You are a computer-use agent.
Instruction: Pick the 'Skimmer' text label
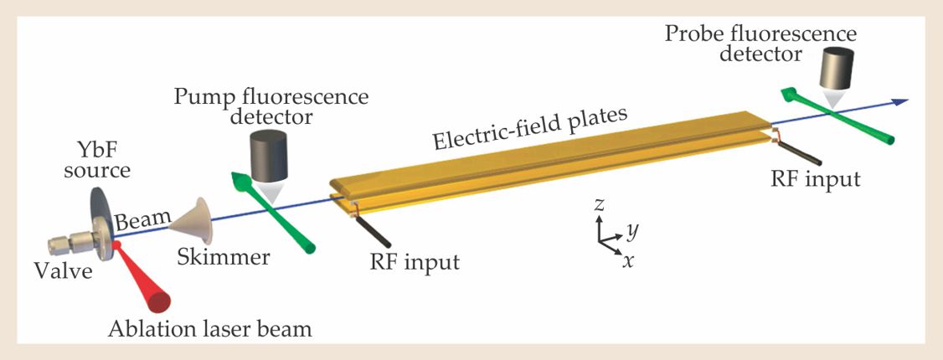click(224, 258)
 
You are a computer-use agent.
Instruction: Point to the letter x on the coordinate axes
click(627, 260)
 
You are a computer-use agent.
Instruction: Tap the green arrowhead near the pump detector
click(240, 179)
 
